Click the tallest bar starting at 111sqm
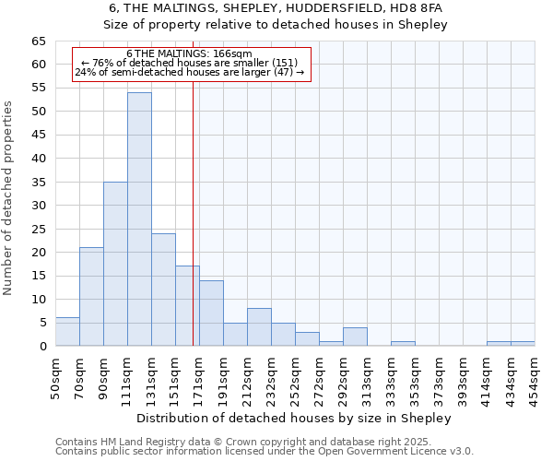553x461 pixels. (139, 219)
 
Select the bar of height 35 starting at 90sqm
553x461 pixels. (115, 264)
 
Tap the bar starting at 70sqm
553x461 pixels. (91, 297)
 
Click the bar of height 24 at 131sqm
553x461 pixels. (163, 290)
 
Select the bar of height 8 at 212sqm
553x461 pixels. (259, 327)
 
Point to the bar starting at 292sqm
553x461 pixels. (355, 337)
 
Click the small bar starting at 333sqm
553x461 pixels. (403, 344)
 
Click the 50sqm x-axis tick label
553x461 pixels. (55, 376)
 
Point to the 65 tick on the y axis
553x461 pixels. (38, 41)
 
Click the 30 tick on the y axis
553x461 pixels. (38, 206)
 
